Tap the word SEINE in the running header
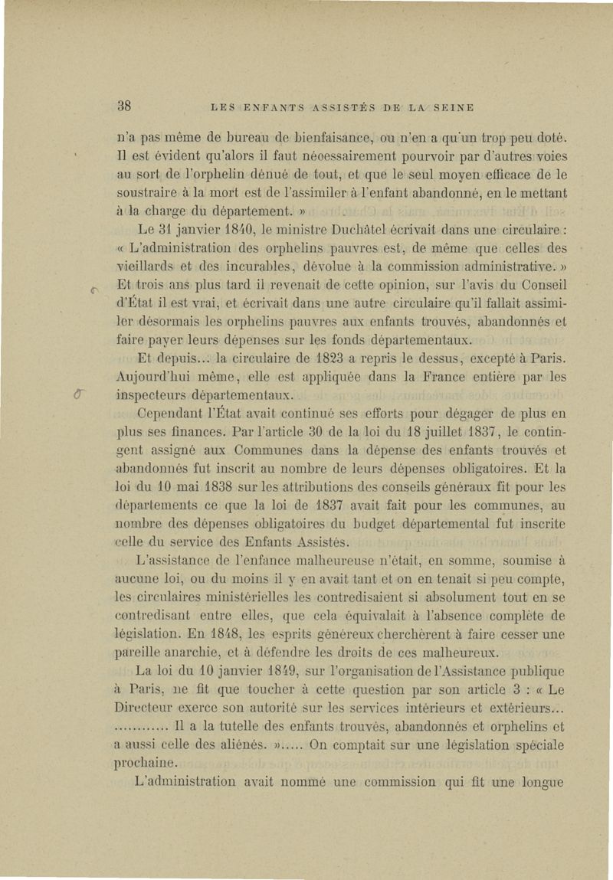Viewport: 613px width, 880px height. point(453,106)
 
